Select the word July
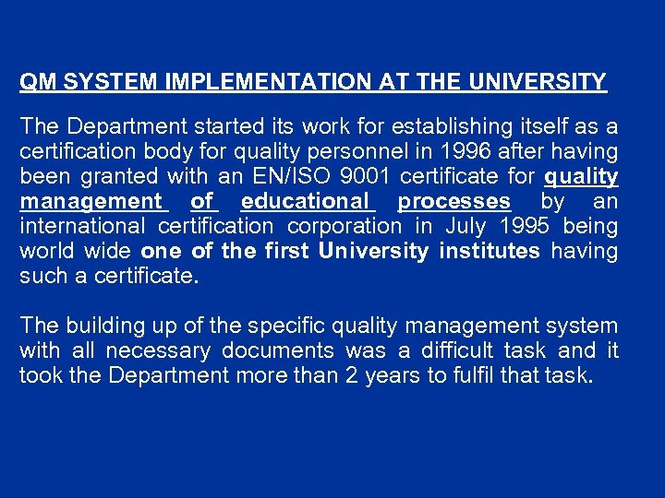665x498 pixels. click(x=465, y=226)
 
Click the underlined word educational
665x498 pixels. click(x=308, y=201)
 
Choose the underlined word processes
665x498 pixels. click(x=453, y=201)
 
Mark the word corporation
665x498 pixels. click(x=345, y=226)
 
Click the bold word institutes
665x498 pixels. click(x=490, y=251)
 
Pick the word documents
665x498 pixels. click(x=284, y=350)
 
